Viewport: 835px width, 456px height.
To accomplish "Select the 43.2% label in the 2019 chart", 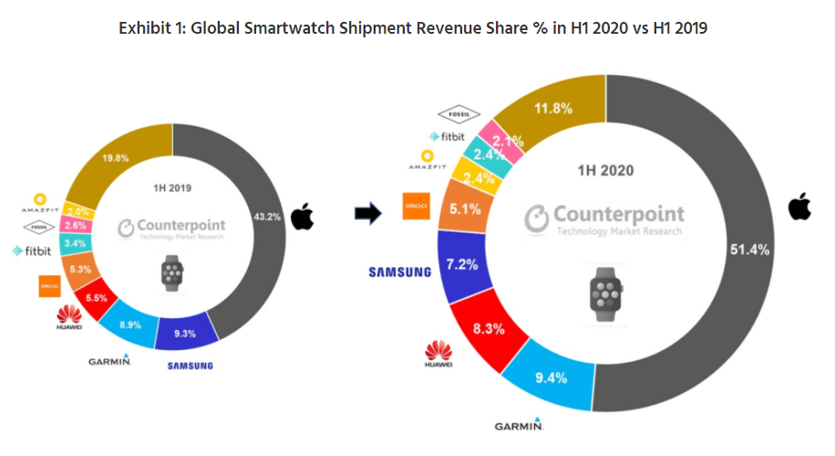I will click(x=264, y=216).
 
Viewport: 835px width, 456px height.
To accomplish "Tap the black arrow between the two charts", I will click(x=367, y=213).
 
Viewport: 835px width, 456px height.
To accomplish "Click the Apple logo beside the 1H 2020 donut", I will click(x=799, y=207).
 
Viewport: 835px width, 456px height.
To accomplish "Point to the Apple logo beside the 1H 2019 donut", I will click(x=301, y=217).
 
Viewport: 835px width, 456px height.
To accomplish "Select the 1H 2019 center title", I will click(x=172, y=188).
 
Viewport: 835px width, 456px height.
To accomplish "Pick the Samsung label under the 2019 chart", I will click(x=190, y=366).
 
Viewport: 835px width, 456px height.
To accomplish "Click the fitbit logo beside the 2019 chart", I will click(x=30, y=250).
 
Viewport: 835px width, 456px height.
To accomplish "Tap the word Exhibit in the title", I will click(x=145, y=28).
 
